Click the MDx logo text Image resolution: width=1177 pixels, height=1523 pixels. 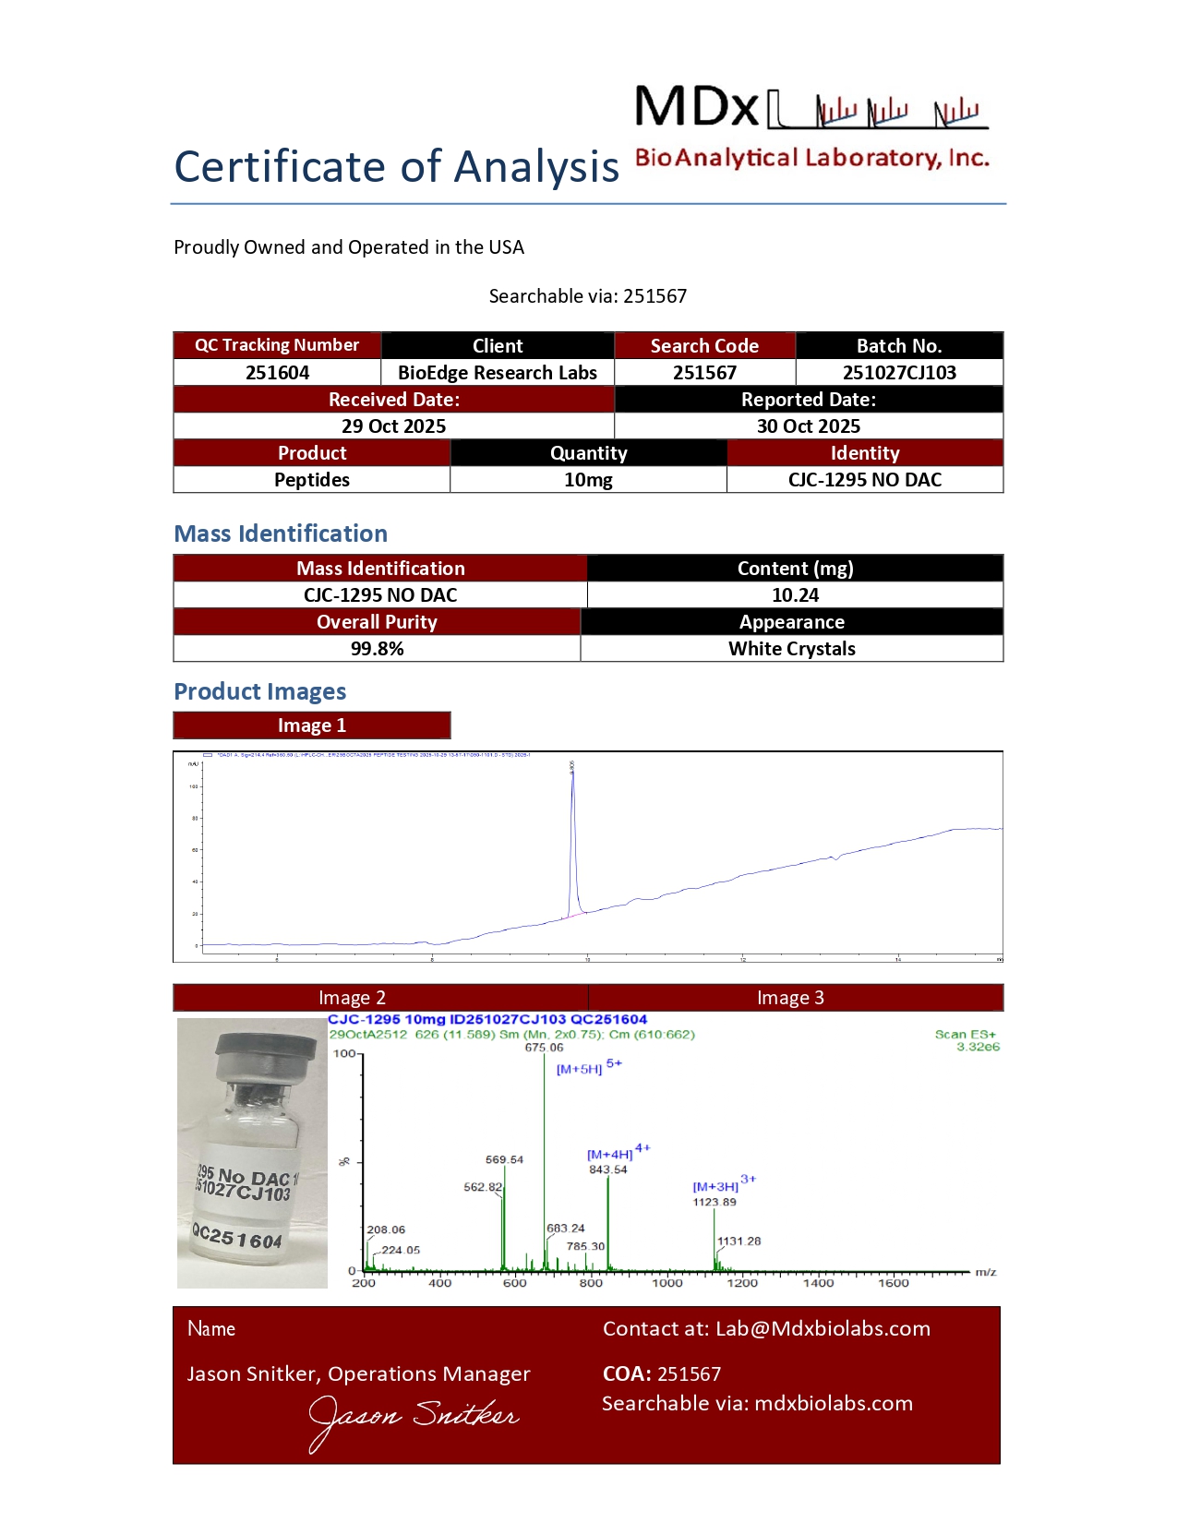click(697, 107)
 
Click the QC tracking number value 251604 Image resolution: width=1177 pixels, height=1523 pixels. click(277, 373)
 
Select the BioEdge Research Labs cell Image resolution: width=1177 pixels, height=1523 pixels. click(498, 373)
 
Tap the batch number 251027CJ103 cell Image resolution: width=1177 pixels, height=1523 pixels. click(899, 373)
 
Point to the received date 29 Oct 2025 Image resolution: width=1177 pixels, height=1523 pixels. click(393, 426)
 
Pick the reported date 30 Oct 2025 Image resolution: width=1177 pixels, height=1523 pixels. click(809, 426)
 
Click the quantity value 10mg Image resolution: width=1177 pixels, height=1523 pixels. click(588, 480)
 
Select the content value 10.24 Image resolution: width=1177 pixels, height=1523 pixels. click(795, 595)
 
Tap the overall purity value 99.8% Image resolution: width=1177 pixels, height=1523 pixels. click(377, 649)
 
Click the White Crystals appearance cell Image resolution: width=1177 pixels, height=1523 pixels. click(791, 649)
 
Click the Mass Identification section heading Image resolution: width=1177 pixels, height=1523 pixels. click(281, 534)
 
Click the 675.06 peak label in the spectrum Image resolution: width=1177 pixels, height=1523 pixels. click(544, 1048)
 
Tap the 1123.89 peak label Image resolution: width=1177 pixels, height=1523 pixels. click(715, 1202)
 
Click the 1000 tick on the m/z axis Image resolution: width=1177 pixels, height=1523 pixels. click(667, 1283)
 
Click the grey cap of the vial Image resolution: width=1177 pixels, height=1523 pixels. click(265, 1052)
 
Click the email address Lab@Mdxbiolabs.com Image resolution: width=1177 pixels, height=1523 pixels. click(823, 1328)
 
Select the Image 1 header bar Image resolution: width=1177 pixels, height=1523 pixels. click(312, 726)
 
